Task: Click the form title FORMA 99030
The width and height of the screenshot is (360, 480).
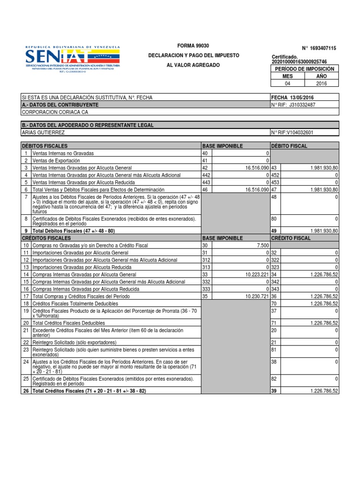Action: pyautogui.click(x=193, y=45)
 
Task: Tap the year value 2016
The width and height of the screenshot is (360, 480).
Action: pyautogui.click(x=321, y=83)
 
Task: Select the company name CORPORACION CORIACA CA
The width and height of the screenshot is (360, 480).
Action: pyautogui.click(x=55, y=112)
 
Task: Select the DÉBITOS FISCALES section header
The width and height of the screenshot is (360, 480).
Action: pyautogui.click(x=45, y=146)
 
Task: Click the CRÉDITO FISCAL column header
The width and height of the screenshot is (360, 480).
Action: pyautogui.click(x=291, y=238)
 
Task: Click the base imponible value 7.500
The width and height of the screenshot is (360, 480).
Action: pyautogui.click(x=263, y=245)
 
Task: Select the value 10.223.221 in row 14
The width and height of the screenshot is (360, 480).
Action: pyautogui.click(x=256, y=274)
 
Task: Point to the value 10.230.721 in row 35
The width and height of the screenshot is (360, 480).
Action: pyautogui.click(x=256, y=296)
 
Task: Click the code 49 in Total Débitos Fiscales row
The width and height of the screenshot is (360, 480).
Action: pyautogui.click(x=274, y=231)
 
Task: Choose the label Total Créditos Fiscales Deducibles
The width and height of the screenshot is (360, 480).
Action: pyautogui.click(x=68, y=323)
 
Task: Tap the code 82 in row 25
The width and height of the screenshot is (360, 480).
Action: pyautogui.click(x=274, y=378)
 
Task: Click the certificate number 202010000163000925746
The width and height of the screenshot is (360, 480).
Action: pyautogui.click(x=300, y=62)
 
